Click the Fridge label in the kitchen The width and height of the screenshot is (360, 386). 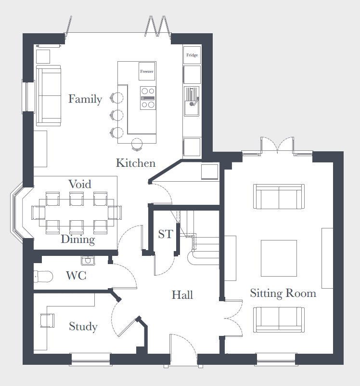(x=192, y=55)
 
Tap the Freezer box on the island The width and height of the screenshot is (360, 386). (x=147, y=71)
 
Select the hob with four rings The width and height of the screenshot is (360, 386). (x=148, y=98)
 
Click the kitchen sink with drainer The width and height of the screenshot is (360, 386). (x=192, y=101)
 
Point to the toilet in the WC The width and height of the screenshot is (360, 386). (x=43, y=277)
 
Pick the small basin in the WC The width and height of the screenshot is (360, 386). (x=88, y=260)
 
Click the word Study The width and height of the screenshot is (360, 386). (x=83, y=327)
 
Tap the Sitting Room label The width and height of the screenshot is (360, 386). (x=283, y=293)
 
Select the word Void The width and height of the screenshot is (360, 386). (x=80, y=184)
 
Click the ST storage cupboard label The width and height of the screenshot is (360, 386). (x=166, y=234)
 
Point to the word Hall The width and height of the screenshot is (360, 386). (x=182, y=295)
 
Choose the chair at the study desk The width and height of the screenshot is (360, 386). (x=47, y=320)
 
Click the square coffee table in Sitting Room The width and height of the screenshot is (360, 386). (x=279, y=258)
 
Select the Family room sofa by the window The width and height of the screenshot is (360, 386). (x=49, y=95)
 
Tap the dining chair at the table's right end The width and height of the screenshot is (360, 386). (x=115, y=213)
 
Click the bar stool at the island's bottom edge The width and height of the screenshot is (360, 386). (x=137, y=144)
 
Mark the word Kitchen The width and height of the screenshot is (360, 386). (x=136, y=163)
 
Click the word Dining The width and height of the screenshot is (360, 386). (x=78, y=240)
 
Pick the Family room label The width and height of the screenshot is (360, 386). (x=85, y=99)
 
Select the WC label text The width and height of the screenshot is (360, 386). (x=76, y=276)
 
